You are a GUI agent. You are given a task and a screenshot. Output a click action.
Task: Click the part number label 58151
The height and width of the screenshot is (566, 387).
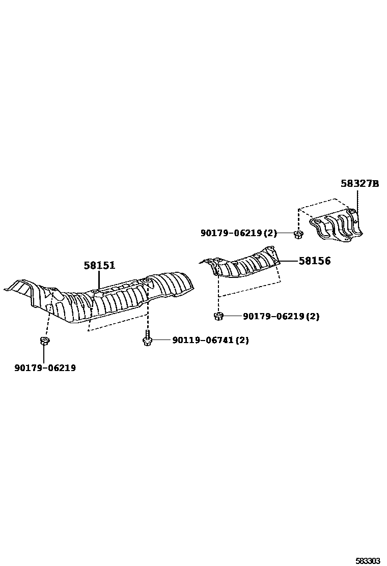(x=100, y=265)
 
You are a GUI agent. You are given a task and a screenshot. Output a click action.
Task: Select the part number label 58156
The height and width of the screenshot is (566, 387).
(x=314, y=261)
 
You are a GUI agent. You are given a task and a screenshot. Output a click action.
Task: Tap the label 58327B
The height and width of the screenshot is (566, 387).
(x=360, y=184)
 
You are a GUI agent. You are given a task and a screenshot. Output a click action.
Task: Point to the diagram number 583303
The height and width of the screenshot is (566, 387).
(x=368, y=560)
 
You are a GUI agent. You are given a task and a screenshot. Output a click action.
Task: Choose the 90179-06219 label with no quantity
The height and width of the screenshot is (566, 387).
(x=45, y=367)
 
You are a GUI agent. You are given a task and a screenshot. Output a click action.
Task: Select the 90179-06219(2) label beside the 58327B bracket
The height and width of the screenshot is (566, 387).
(x=238, y=233)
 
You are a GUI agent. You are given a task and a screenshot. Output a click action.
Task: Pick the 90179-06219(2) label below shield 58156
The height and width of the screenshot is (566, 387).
(x=281, y=316)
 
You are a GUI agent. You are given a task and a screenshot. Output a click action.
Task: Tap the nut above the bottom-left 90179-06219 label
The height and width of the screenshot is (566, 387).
(x=44, y=341)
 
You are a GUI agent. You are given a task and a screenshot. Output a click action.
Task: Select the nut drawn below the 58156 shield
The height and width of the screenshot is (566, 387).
(x=218, y=316)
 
